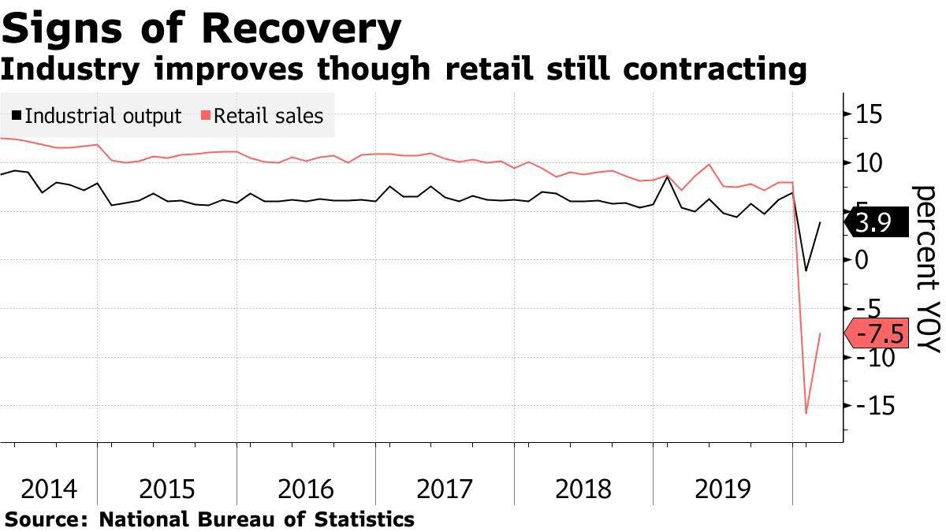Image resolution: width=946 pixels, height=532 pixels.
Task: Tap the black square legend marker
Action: point(17,116)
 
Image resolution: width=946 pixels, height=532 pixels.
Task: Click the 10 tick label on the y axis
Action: point(866,164)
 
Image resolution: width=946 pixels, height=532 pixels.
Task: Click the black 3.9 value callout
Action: point(873,224)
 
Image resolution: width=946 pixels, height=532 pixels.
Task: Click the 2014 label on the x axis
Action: point(49,489)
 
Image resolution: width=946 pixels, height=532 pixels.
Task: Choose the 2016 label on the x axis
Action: point(306,489)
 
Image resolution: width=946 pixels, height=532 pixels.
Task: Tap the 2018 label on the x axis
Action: point(583,489)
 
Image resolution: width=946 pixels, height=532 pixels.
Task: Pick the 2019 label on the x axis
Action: point(722,489)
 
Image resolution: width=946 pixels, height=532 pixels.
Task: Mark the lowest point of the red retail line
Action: point(806,413)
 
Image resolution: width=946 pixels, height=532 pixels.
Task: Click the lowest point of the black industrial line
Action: point(806,271)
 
